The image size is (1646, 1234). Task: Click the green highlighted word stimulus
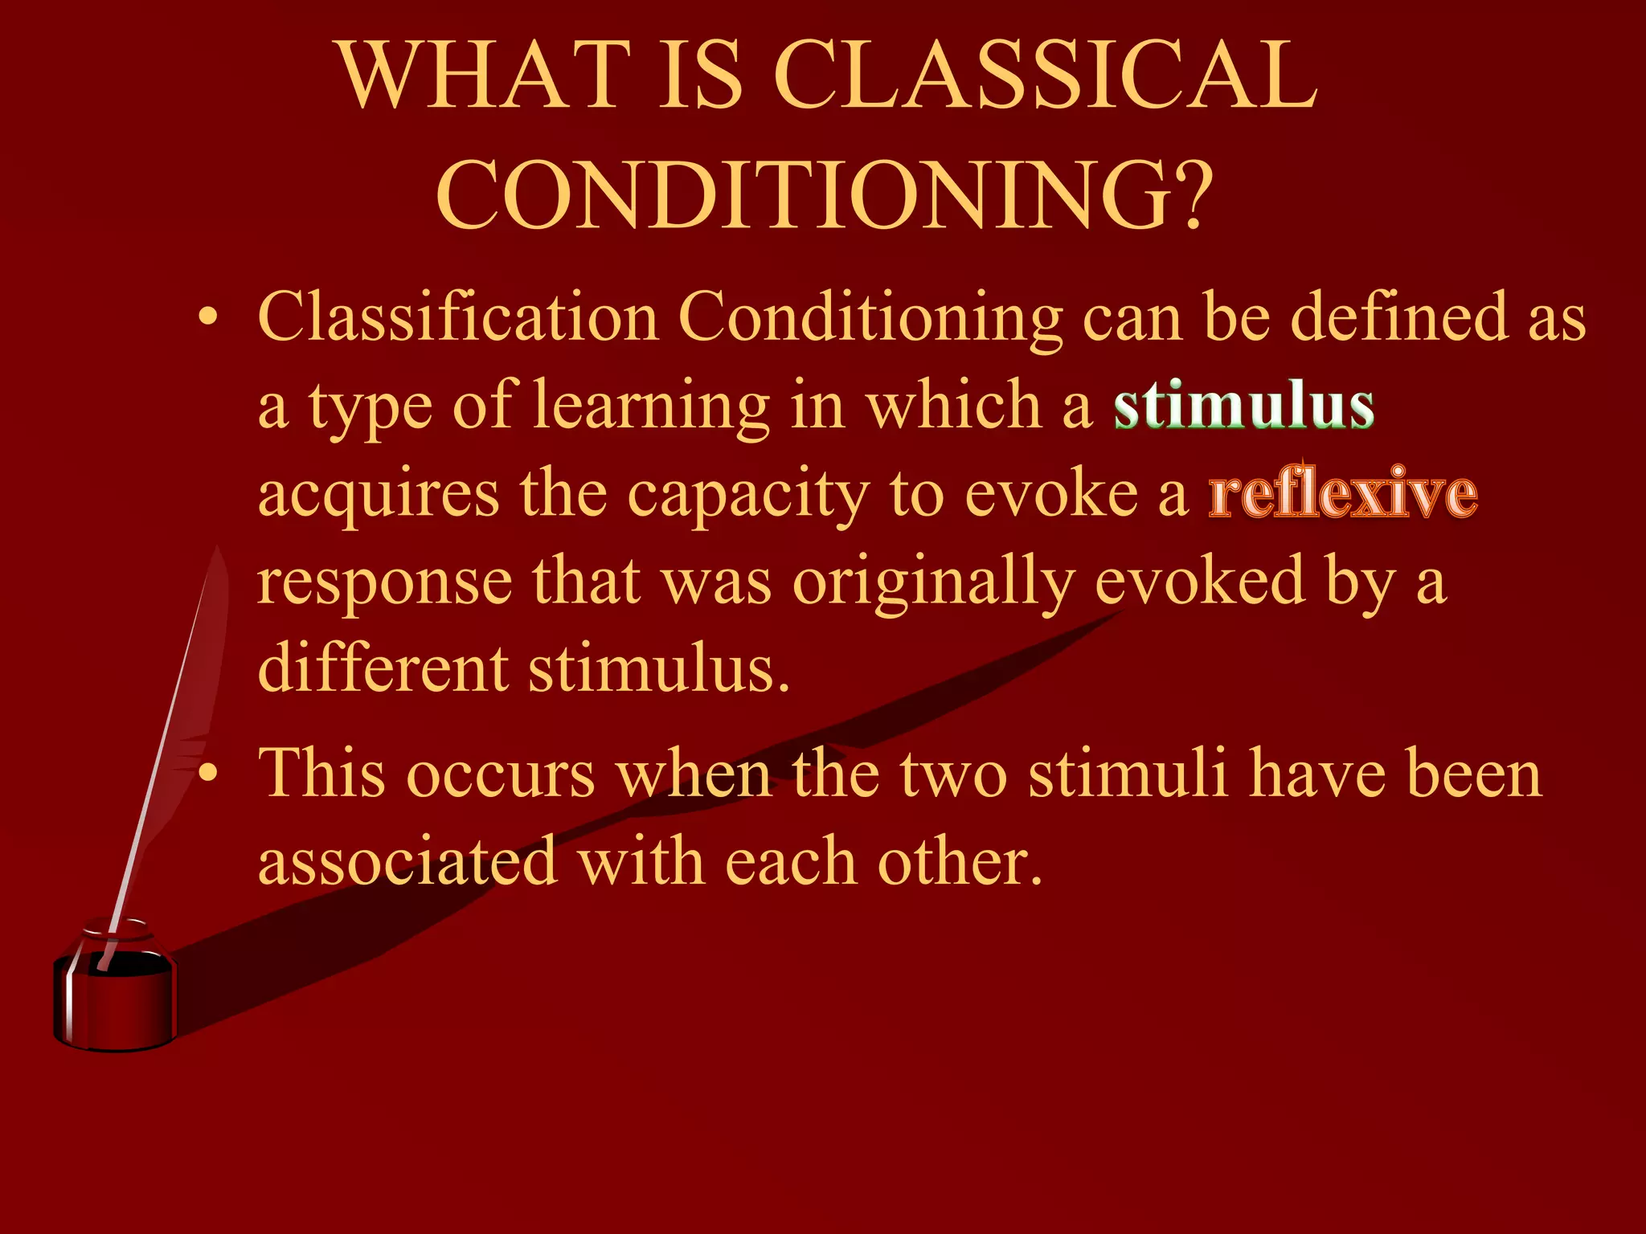[x=1243, y=407]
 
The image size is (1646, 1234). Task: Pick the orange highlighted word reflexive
[x=1342, y=493]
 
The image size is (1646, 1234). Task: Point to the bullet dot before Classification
[x=208, y=320]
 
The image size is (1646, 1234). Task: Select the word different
[x=383, y=668]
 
